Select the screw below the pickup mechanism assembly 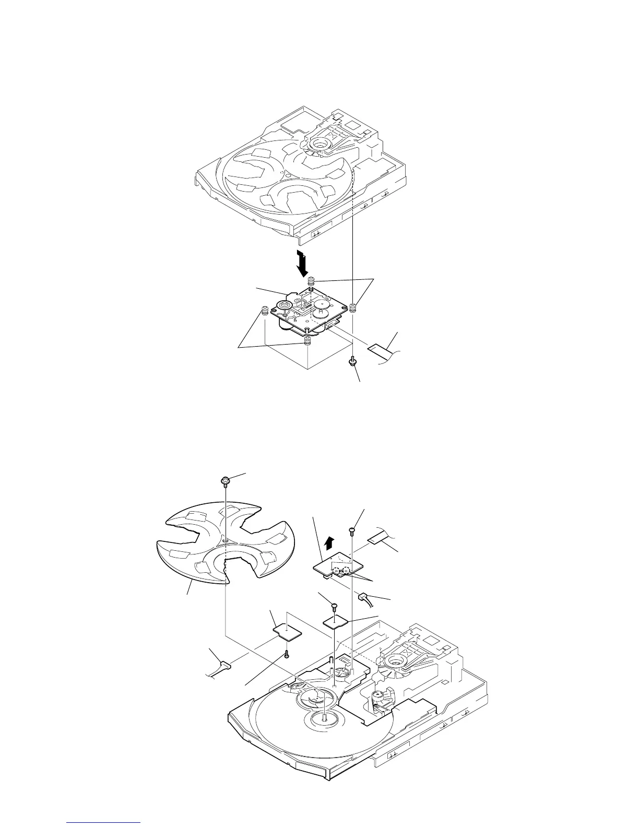pyautogui.click(x=353, y=360)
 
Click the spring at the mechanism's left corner pyautogui.click(x=265, y=312)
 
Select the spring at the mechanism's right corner pyautogui.click(x=353, y=308)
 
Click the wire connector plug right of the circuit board pyautogui.click(x=363, y=596)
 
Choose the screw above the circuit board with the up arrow pyautogui.click(x=352, y=531)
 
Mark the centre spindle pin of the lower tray pyautogui.click(x=324, y=718)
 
